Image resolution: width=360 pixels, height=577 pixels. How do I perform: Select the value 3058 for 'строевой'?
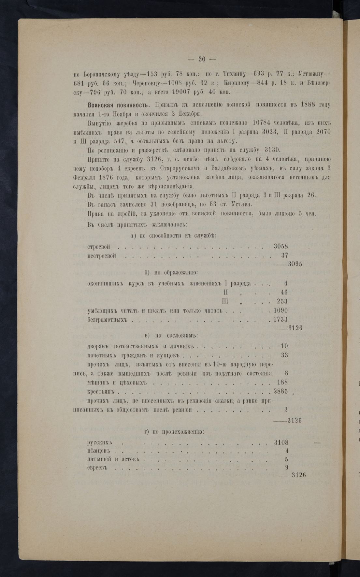(281, 246)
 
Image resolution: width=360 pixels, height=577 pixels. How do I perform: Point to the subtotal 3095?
(295, 264)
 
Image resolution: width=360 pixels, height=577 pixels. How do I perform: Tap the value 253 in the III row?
(282, 301)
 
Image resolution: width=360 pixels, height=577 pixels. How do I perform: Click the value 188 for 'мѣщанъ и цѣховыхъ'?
(282, 382)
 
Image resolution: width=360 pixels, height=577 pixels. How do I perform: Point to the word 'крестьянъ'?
(102, 392)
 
